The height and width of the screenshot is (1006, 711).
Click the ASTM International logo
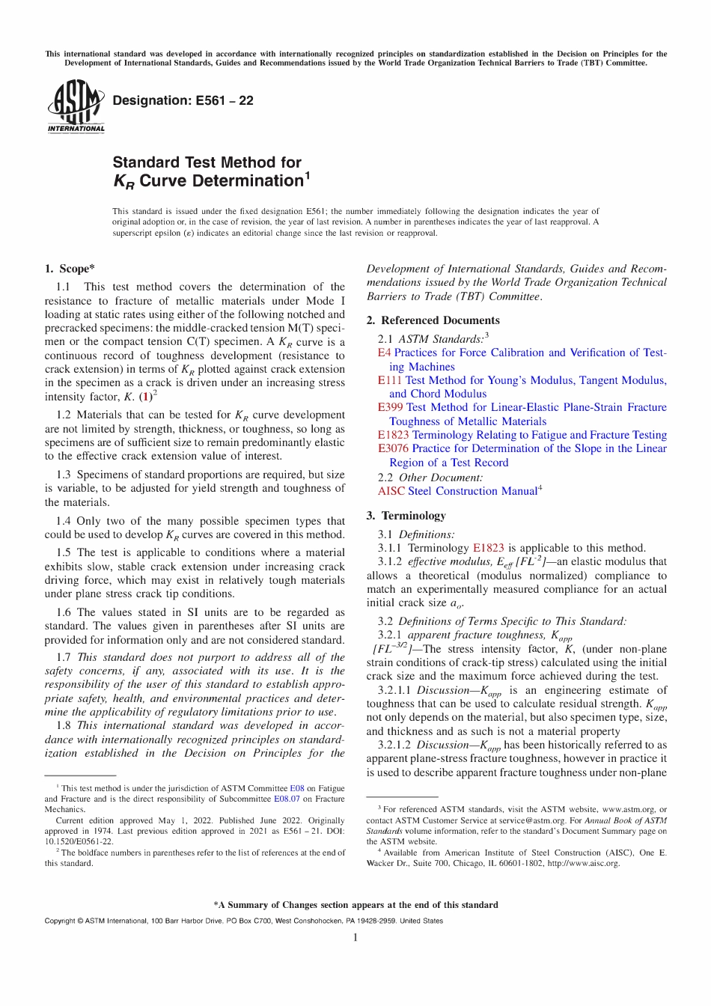click(76, 106)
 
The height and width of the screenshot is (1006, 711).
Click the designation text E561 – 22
click(183, 100)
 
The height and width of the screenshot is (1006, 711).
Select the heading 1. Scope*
click(70, 269)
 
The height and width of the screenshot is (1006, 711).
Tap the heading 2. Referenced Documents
click(433, 320)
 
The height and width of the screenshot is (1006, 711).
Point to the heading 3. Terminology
click(406, 516)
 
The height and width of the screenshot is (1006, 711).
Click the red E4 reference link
click(384, 353)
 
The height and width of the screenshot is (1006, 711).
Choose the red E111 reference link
click(389, 380)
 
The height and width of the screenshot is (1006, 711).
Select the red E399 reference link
click(391, 407)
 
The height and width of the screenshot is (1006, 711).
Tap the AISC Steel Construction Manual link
click(457, 491)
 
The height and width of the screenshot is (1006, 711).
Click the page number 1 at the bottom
click(355, 938)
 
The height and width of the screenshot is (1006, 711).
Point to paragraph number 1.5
click(64, 552)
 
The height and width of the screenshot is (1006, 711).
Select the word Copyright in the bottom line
click(60, 921)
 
